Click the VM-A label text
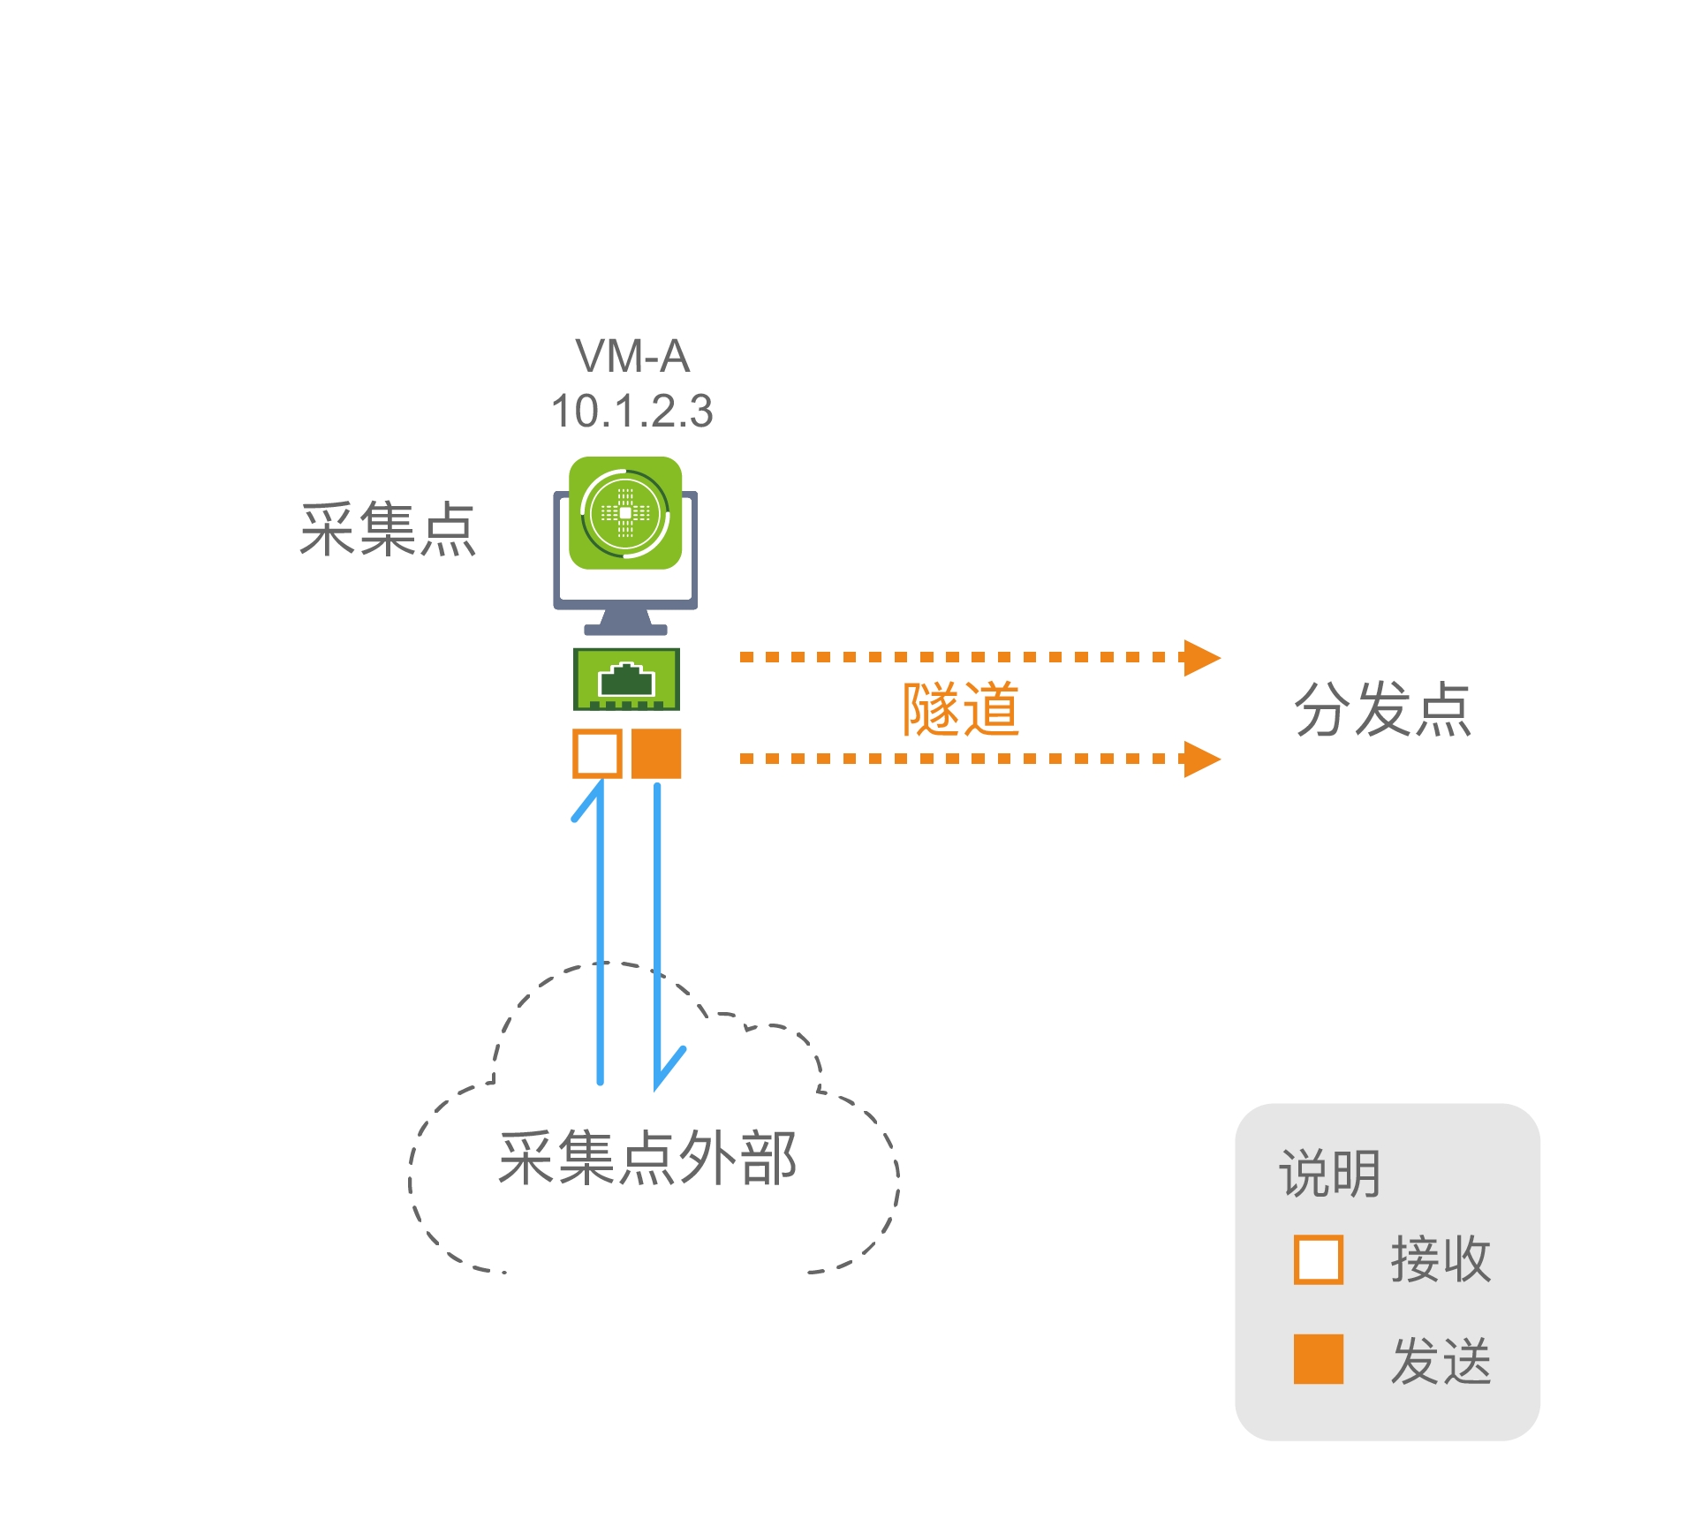[632, 357]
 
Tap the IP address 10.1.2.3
[632, 412]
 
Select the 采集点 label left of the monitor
[388, 529]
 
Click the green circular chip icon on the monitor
[625, 513]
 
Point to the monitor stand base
[625, 628]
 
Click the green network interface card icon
[626, 679]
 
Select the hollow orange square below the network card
[597, 753]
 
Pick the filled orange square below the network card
[656, 753]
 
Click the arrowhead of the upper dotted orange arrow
[1201, 657]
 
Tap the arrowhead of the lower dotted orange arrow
[1201, 759]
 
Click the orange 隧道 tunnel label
[960, 709]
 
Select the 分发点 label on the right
[1383, 709]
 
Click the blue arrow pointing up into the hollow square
[600, 927]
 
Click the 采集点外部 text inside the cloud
[647, 1158]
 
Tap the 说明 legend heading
[1329, 1174]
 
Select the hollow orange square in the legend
[1318, 1258]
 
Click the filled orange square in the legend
[1318, 1358]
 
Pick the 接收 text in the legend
[1441, 1258]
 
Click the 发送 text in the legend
[1441, 1360]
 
